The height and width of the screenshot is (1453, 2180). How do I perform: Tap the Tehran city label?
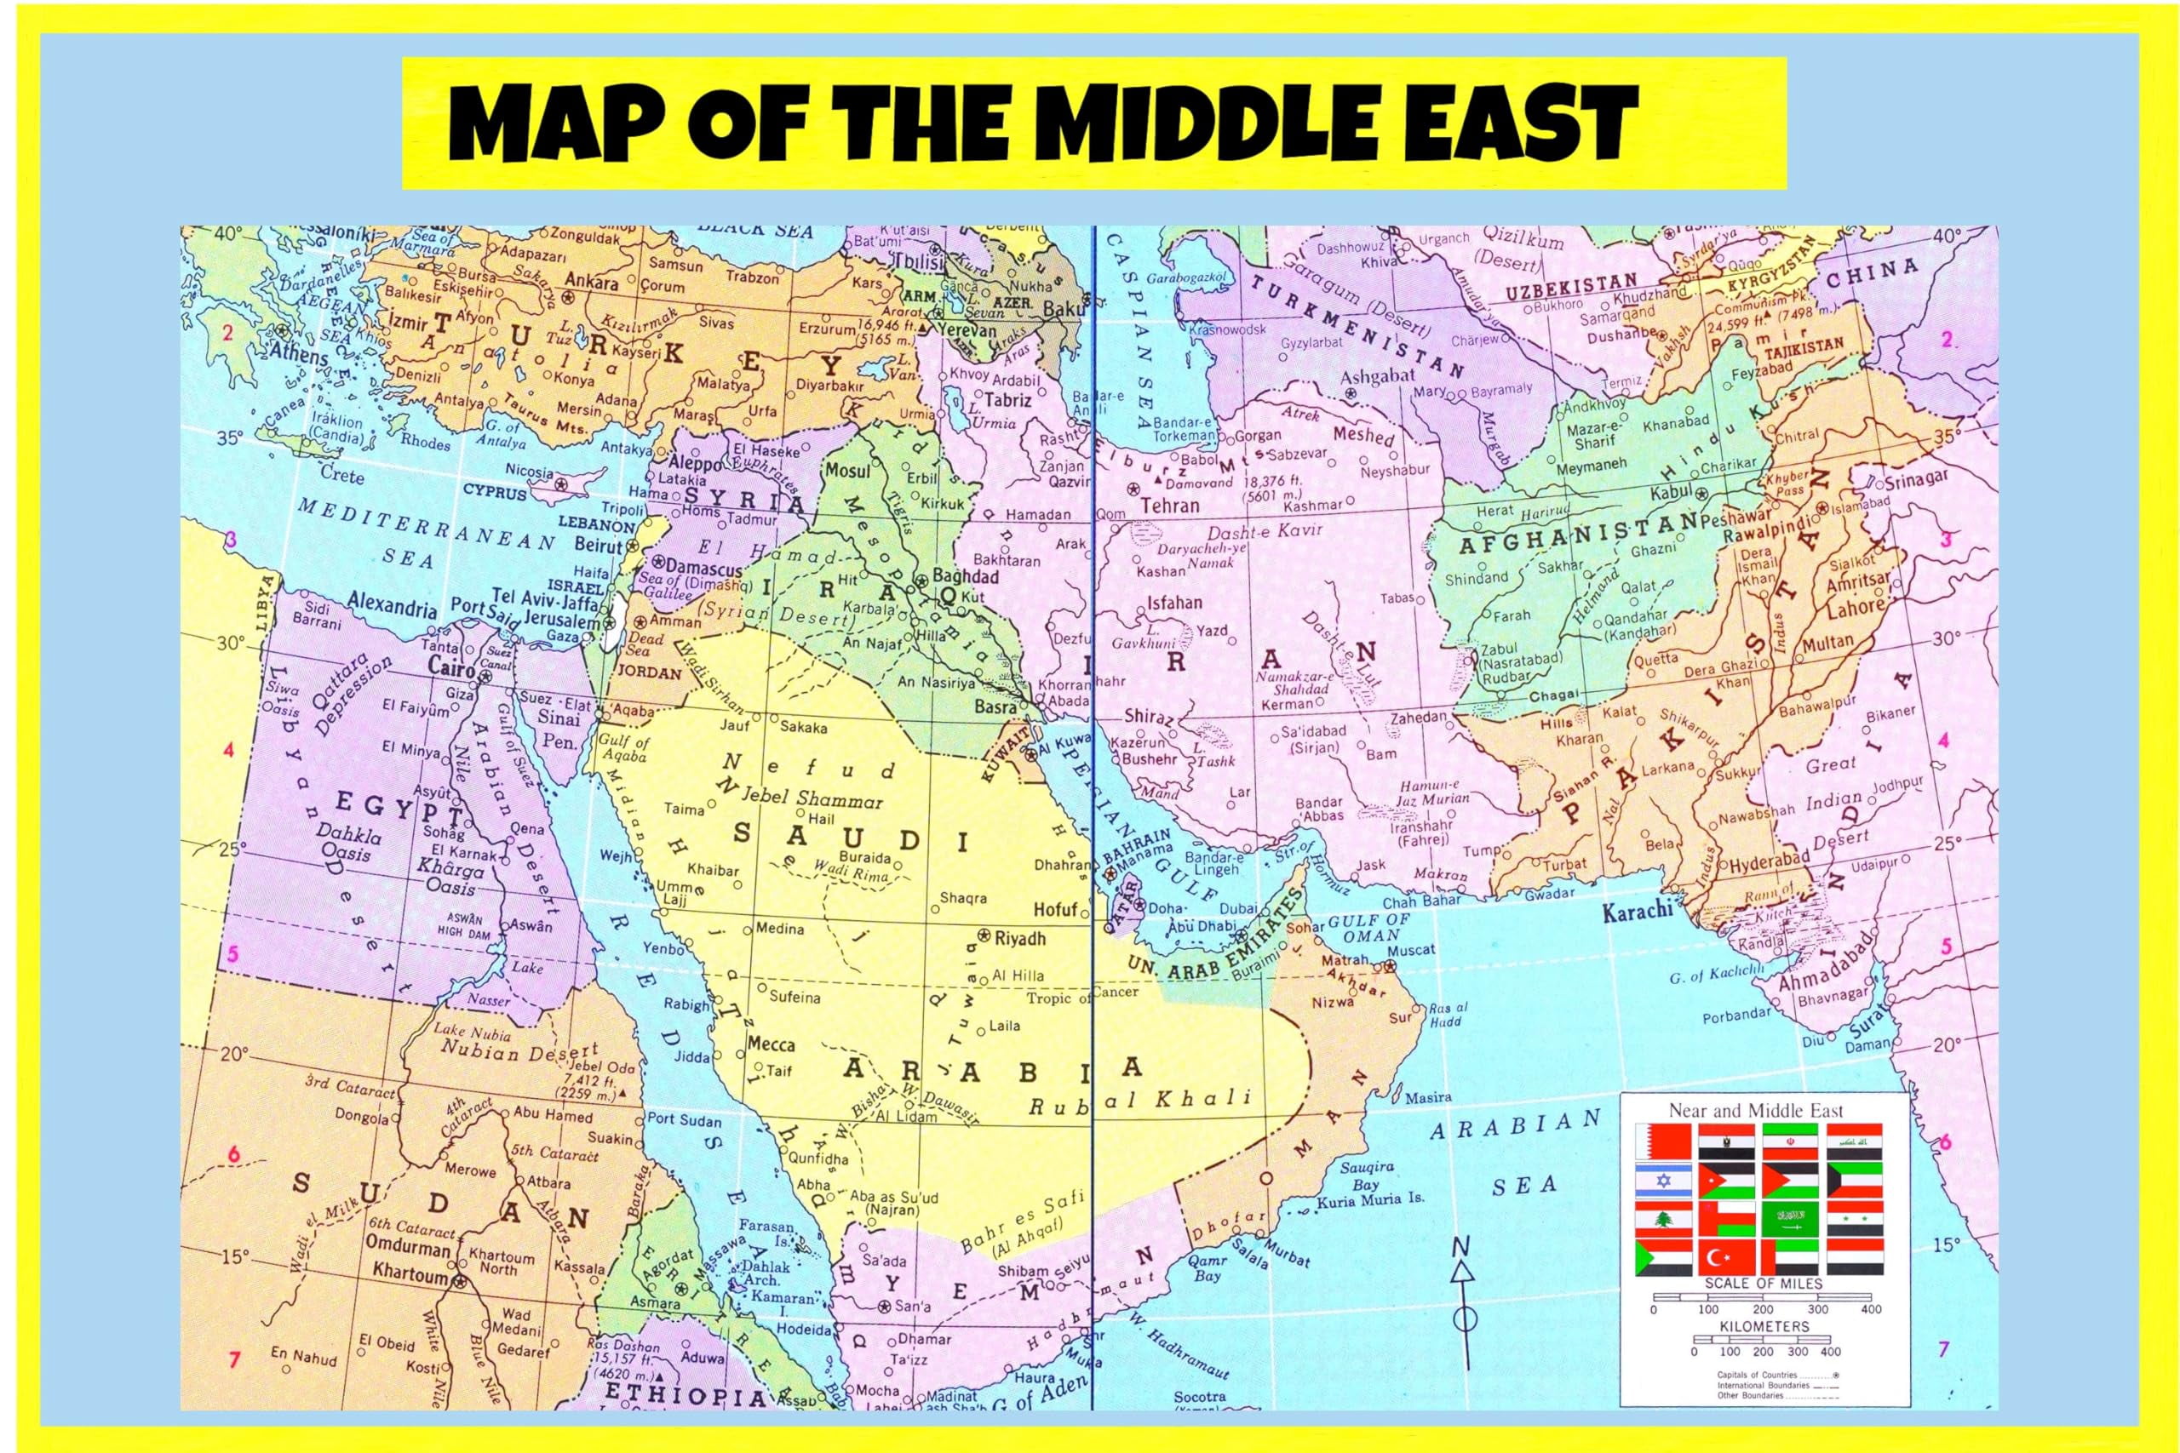(x=1170, y=506)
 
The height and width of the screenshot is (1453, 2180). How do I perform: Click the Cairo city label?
(x=451, y=666)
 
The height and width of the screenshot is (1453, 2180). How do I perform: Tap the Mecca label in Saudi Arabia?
(x=772, y=1044)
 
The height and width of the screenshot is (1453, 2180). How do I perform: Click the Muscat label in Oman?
(x=1411, y=950)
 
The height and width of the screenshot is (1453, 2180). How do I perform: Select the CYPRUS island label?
(x=495, y=492)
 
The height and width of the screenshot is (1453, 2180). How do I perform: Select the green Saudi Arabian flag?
(x=1791, y=1219)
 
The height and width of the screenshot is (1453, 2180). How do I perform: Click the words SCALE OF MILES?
(x=1763, y=1284)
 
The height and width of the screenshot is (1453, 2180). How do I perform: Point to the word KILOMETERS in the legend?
(x=1764, y=1327)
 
